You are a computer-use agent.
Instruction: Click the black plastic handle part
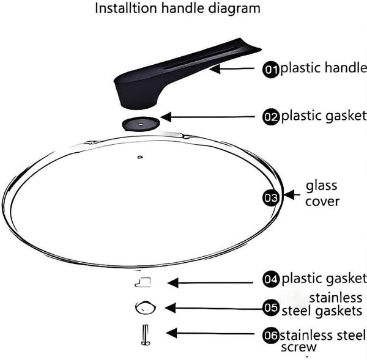[164, 77]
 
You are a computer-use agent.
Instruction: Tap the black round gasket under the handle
[141, 123]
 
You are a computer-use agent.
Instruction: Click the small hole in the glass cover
[140, 157]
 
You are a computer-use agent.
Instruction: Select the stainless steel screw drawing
[146, 335]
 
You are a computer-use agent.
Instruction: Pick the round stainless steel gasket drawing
[146, 307]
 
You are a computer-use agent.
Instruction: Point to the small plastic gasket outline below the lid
[143, 282]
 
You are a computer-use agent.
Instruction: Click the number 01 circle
[271, 70]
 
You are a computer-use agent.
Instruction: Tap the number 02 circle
[271, 117]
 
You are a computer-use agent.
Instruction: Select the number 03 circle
[271, 198]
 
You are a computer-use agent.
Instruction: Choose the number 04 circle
[271, 279]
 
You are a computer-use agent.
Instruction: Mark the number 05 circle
[271, 307]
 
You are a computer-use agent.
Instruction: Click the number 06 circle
[271, 336]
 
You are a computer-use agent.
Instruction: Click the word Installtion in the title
[126, 8]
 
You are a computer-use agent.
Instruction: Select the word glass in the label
[322, 186]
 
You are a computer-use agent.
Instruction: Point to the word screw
[298, 347]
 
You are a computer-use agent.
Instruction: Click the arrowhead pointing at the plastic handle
[215, 69]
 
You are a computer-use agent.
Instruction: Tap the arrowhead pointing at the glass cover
[289, 194]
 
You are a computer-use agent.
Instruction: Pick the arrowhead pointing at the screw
[171, 333]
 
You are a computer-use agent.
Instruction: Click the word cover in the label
[322, 202]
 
